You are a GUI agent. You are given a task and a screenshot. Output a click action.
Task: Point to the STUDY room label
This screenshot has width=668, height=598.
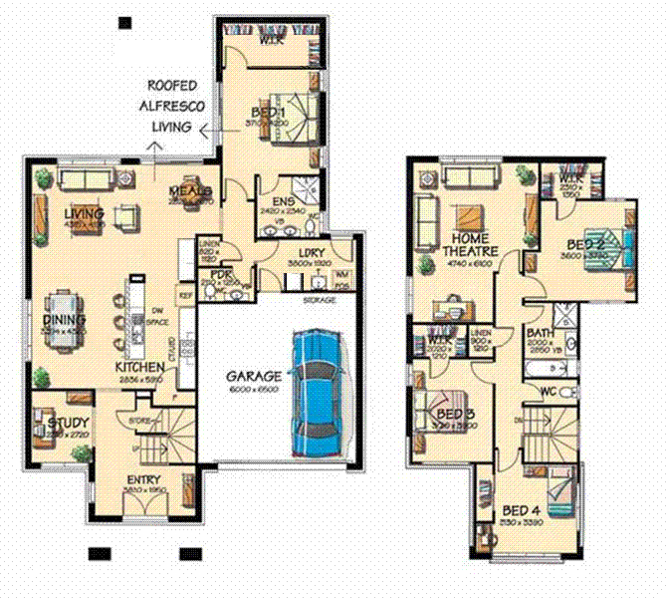point(68,426)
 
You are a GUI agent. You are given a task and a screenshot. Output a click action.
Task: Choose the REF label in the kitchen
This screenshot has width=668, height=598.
point(184,295)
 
